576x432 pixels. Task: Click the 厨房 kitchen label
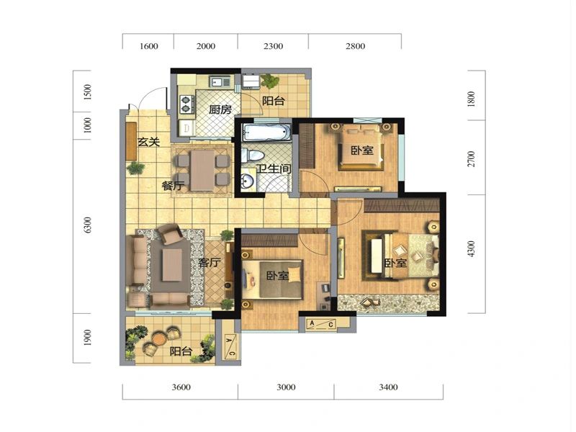(x=220, y=109)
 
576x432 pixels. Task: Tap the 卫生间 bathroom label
(x=274, y=169)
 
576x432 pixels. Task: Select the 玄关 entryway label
(x=148, y=142)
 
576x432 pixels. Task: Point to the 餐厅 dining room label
(x=173, y=186)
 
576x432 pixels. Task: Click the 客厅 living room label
(x=210, y=262)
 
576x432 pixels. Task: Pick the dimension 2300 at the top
(x=273, y=46)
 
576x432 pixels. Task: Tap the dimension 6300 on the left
(x=87, y=225)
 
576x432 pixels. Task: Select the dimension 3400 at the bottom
(x=388, y=387)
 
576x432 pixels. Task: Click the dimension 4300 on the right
(x=472, y=248)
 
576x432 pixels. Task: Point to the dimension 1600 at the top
(x=149, y=46)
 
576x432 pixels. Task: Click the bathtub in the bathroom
(x=266, y=132)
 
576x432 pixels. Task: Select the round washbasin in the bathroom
(x=248, y=181)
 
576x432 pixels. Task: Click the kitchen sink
(x=220, y=81)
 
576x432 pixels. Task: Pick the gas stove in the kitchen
(x=186, y=104)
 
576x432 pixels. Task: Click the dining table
(x=202, y=171)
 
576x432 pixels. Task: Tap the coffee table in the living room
(x=172, y=265)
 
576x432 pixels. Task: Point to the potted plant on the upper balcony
(x=270, y=81)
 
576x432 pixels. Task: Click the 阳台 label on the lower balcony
(x=181, y=351)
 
